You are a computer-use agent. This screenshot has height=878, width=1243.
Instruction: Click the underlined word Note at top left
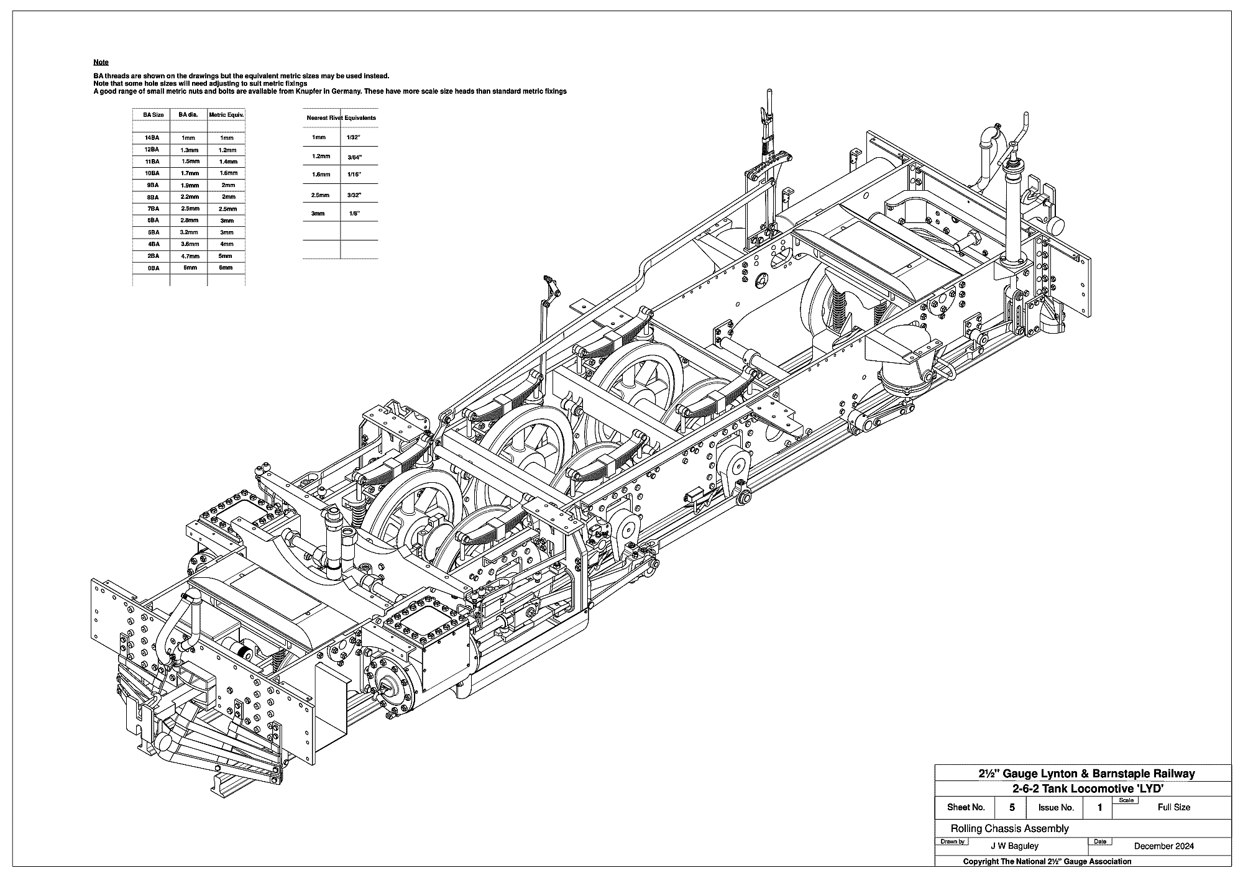[x=101, y=62]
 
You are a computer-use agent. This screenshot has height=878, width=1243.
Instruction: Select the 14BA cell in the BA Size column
[x=151, y=138]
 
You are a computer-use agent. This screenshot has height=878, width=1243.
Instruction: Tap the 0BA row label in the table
[x=152, y=268]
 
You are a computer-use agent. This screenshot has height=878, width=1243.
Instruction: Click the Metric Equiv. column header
[x=226, y=115]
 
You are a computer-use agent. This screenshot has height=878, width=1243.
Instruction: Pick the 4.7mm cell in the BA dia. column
[x=190, y=256]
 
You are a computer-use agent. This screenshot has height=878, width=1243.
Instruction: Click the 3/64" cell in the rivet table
[x=354, y=158]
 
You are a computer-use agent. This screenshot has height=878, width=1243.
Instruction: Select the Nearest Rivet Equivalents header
[x=341, y=117]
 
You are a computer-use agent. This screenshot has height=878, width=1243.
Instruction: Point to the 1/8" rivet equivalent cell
[x=354, y=214]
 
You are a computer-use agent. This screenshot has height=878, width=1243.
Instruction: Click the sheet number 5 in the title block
[x=1012, y=807]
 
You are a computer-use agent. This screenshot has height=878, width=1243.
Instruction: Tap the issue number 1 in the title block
[x=1099, y=807]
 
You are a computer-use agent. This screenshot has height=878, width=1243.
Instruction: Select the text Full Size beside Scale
[x=1173, y=807]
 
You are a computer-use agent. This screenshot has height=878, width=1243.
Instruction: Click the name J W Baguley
[x=1014, y=846]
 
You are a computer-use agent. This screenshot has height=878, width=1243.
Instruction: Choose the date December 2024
[x=1163, y=846]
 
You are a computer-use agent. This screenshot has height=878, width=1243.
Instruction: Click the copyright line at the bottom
[x=1047, y=861]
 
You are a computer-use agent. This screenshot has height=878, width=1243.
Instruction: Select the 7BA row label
[x=152, y=209]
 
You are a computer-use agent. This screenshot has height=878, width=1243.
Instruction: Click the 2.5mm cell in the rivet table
[x=319, y=195]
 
